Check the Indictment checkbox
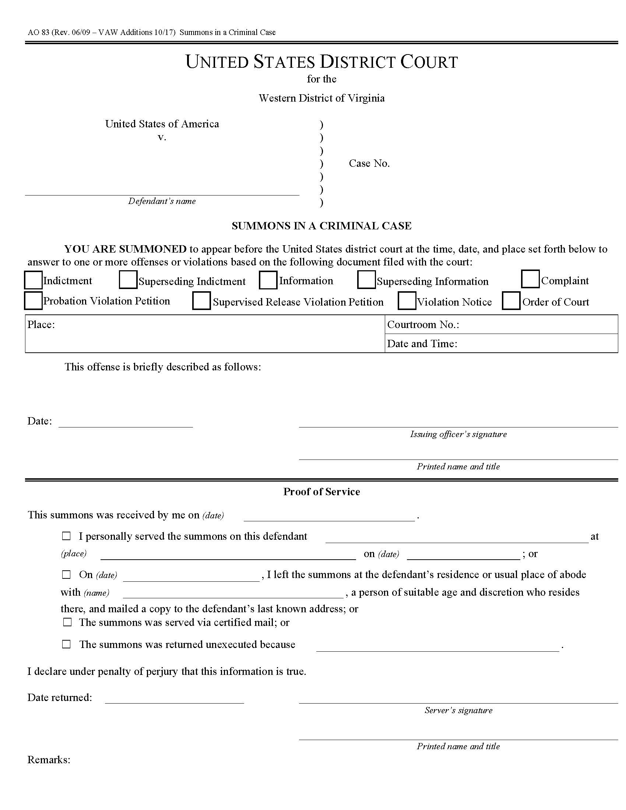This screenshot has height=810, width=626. [33, 280]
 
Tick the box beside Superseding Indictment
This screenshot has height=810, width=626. [128, 280]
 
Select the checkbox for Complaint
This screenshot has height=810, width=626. [530, 279]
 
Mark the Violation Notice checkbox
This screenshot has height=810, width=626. [407, 301]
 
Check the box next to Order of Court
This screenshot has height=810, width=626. [511, 301]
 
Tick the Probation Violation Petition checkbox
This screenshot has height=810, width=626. [33, 301]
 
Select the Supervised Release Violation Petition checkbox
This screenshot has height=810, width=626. [201, 301]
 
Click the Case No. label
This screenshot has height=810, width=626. [369, 163]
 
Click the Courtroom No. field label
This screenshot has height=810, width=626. [423, 325]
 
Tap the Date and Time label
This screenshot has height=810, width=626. [422, 344]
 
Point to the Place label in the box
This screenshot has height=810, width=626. [41, 325]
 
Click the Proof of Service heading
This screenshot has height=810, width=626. [321, 492]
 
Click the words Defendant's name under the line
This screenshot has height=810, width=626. [162, 201]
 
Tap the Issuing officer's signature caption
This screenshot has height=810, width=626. [458, 434]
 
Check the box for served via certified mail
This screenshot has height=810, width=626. [67, 622]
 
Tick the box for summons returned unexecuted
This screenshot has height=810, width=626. [66, 645]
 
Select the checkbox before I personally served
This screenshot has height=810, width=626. [66, 536]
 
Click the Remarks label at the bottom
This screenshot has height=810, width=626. [49, 760]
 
